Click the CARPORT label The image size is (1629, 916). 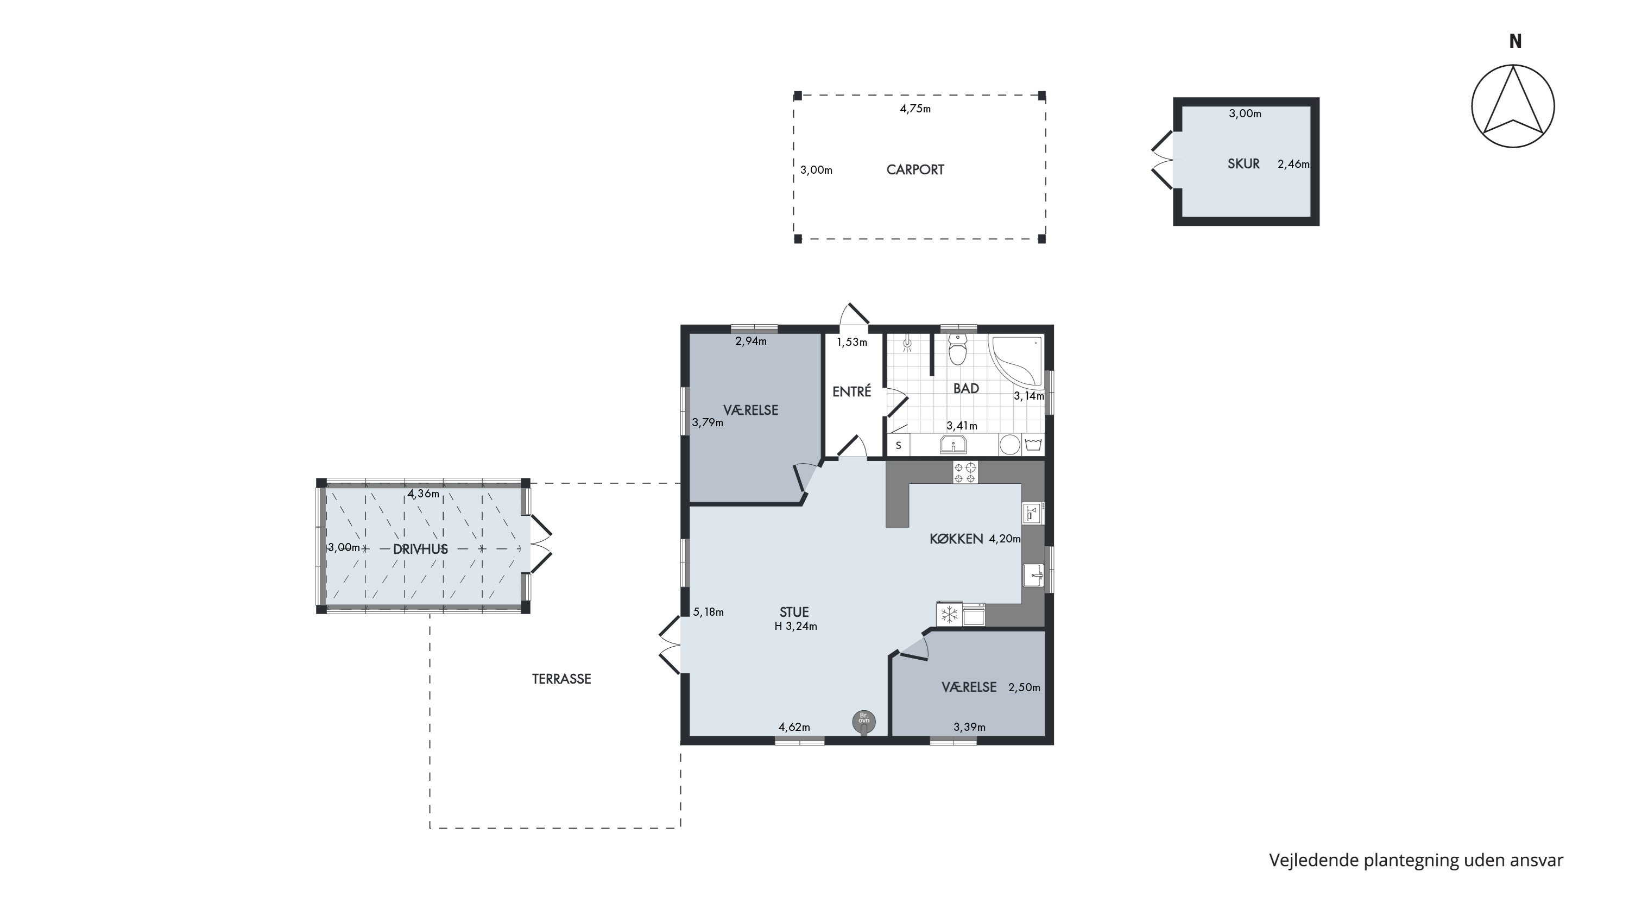(915, 169)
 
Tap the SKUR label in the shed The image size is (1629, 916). (1243, 164)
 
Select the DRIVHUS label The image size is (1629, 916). (420, 549)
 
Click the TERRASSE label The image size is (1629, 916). (561, 679)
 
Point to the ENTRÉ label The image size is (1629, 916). (852, 391)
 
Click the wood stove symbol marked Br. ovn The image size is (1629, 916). (864, 721)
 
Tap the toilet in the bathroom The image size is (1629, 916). (958, 350)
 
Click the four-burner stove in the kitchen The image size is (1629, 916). (965, 472)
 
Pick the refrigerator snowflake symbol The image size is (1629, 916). (949, 614)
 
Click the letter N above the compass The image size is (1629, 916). (1515, 41)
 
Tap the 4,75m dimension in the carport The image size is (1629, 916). (915, 109)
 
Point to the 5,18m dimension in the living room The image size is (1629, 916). (708, 612)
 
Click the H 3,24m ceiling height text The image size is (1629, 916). (795, 627)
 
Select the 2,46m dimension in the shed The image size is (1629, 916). (1293, 164)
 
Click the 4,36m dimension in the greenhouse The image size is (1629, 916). (423, 494)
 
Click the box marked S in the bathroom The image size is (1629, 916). (898, 445)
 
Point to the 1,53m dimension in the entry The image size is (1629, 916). (852, 342)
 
